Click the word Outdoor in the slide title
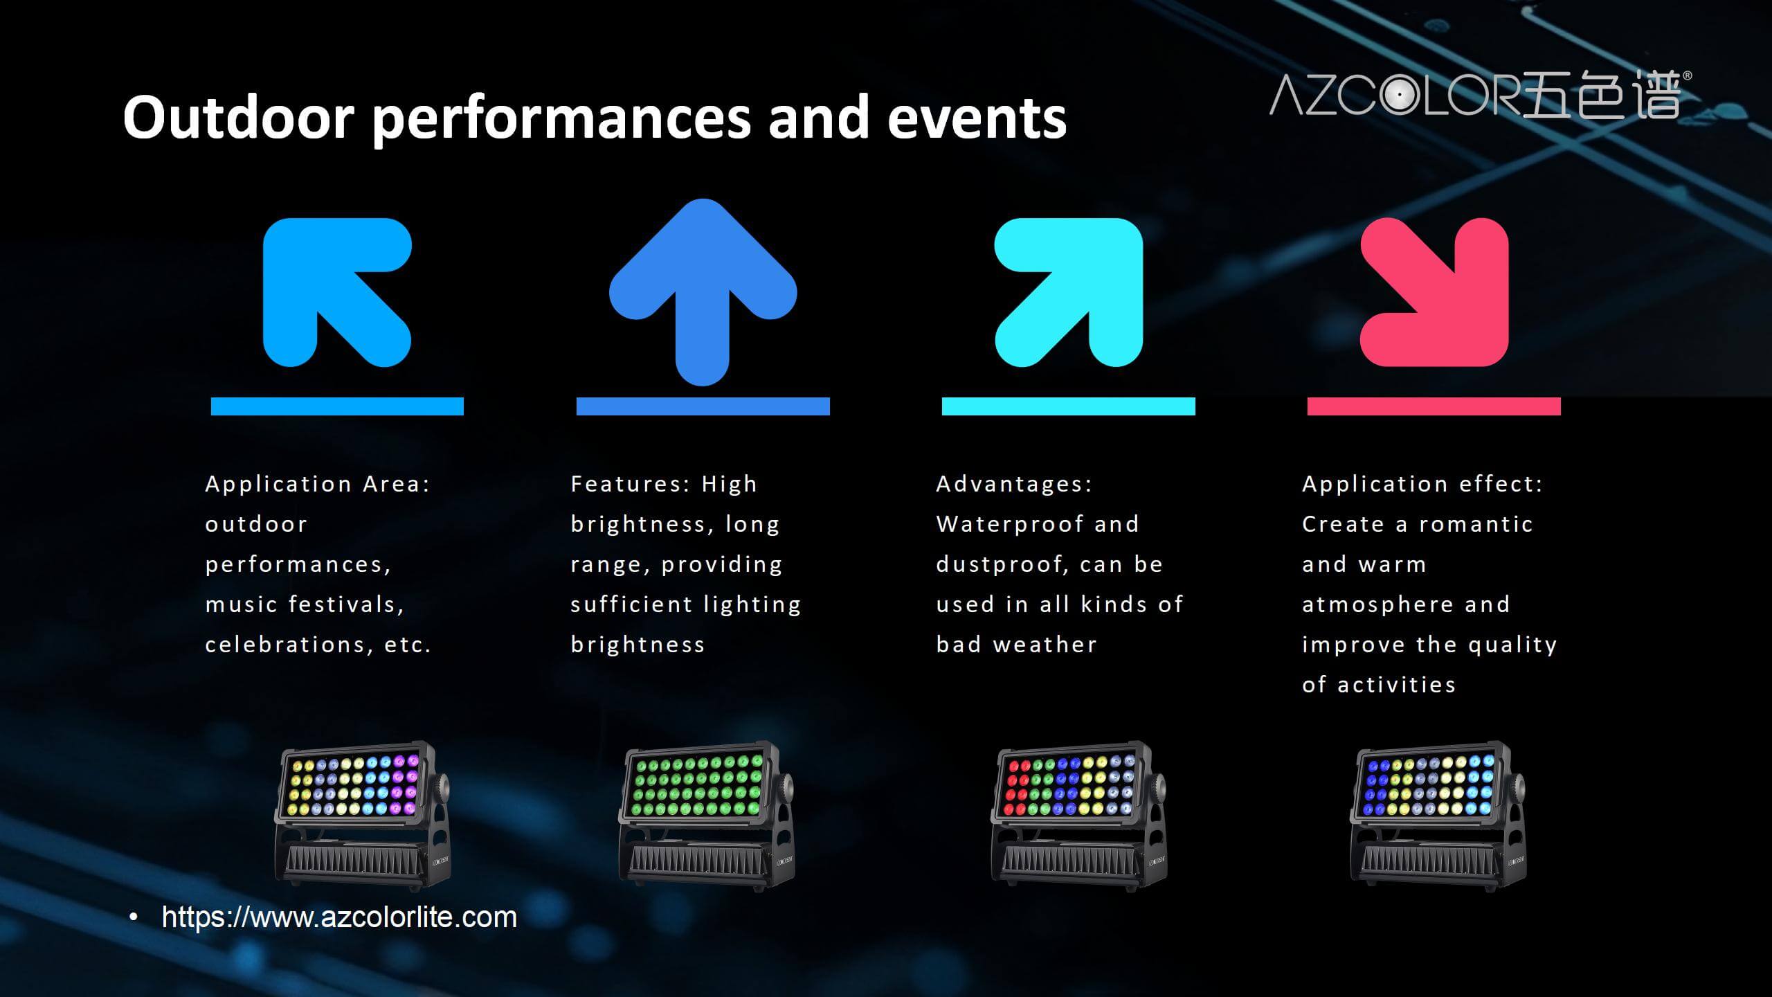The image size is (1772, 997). point(239,117)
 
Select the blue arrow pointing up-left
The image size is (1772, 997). point(337,292)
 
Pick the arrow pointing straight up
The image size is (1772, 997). point(703,292)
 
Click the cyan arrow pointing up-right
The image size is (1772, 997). point(1068,292)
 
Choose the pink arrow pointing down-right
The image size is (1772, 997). point(1434,292)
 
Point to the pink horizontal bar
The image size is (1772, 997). point(1434,406)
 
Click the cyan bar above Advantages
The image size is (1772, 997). point(1069,406)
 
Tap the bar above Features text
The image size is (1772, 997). point(703,406)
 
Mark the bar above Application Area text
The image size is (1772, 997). point(337,406)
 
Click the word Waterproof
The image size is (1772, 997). point(1009,524)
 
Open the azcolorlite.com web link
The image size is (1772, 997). point(339,917)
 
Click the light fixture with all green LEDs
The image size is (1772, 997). point(706,816)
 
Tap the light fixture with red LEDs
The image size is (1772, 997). point(1078,816)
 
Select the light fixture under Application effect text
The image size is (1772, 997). point(1438,816)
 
